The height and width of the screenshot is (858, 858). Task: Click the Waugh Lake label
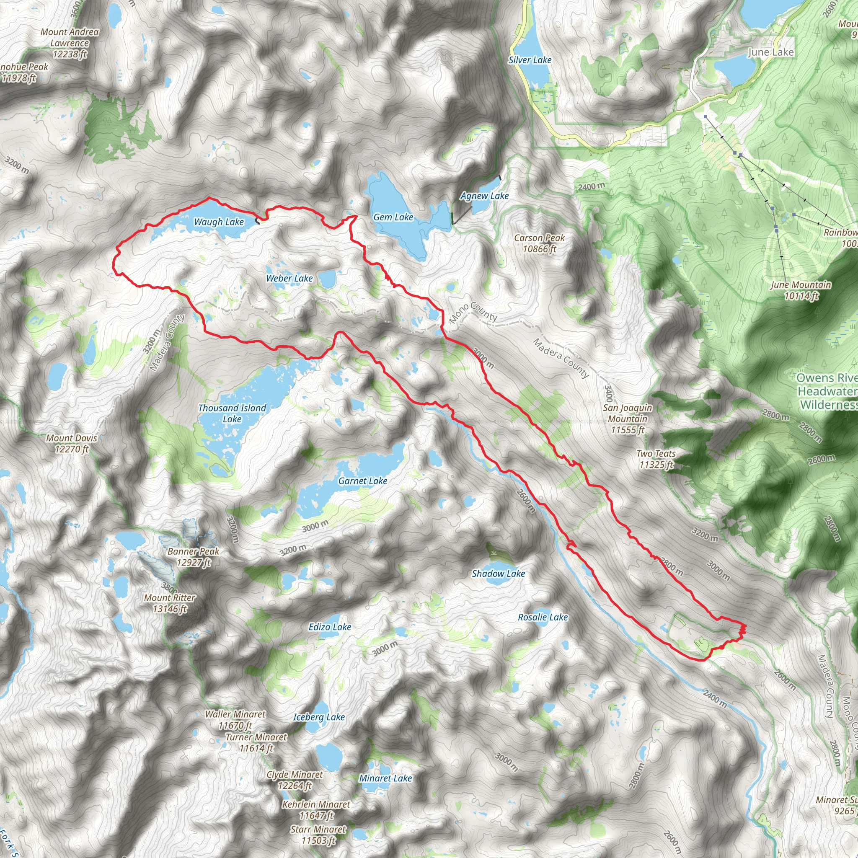[x=219, y=222]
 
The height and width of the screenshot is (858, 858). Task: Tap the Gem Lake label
[x=393, y=217]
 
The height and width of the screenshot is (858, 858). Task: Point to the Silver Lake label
[x=530, y=60]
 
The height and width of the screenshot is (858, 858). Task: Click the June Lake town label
[x=770, y=52]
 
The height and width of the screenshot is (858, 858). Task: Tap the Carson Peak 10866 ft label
[x=539, y=243]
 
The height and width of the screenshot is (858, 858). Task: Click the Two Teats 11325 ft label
[x=656, y=459]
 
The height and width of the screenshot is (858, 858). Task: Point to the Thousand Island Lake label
[x=232, y=413]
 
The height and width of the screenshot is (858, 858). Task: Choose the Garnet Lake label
[x=362, y=481]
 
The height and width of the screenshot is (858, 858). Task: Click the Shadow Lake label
[x=498, y=574]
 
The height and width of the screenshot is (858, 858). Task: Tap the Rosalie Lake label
[x=543, y=617]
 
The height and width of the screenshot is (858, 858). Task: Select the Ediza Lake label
[x=330, y=627]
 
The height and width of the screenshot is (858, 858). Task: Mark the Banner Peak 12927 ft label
[x=193, y=557]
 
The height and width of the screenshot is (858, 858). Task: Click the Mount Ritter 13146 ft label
[x=170, y=603]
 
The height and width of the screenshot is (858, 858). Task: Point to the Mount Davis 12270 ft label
[x=72, y=444]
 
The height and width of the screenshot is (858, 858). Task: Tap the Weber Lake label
[x=289, y=279]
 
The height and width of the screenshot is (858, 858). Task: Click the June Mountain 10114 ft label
[x=801, y=290]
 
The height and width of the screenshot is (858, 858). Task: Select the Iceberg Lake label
[x=319, y=717]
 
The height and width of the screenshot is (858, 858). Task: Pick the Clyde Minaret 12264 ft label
[x=295, y=780]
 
